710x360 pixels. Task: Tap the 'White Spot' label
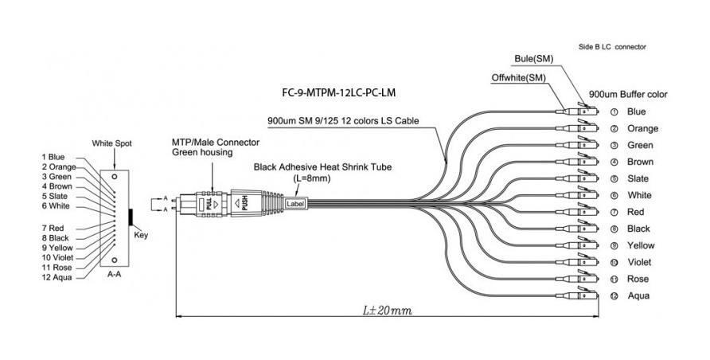tap(112, 143)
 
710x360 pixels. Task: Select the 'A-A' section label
tap(114, 273)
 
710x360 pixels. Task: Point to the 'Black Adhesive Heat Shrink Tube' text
tap(322, 168)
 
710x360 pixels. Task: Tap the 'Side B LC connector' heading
tap(611, 48)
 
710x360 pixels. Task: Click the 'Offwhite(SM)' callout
tap(519, 78)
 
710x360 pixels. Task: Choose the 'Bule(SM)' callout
tap(534, 59)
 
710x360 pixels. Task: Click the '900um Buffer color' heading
tap(628, 94)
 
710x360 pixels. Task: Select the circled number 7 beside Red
tap(614, 213)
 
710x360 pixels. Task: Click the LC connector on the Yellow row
tap(583, 246)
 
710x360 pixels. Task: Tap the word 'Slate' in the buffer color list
tap(638, 178)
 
